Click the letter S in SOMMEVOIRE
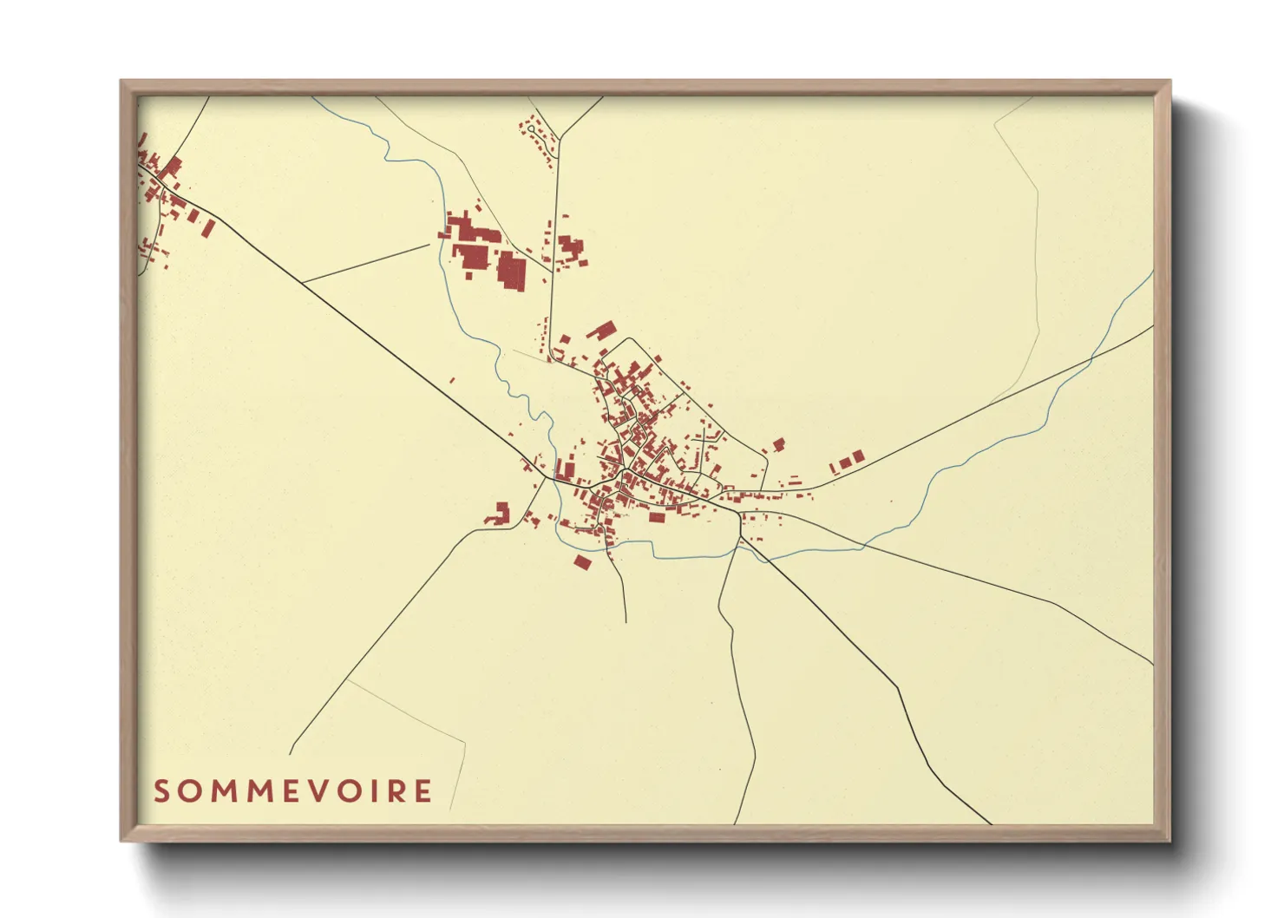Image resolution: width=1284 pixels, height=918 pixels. click(161, 791)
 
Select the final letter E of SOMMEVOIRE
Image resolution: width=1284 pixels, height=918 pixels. click(423, 791)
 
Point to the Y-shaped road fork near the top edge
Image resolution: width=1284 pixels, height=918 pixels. click(561, 137)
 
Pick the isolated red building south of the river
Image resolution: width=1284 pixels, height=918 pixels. click(582, 562)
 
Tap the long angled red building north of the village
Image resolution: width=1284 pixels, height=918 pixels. click(600, 331)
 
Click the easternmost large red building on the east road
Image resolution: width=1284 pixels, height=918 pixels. click(857, 456)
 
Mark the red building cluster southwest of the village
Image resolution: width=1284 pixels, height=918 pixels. click(498, 514)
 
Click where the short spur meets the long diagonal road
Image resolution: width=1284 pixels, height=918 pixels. click(303, 282)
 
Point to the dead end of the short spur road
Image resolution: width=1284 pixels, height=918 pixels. click(429, 245)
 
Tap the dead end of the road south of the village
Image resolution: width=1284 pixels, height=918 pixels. click(626, 622)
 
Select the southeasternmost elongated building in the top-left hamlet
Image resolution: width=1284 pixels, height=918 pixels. click(208, 227)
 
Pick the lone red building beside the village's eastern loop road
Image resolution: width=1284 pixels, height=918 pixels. click(778, 444)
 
